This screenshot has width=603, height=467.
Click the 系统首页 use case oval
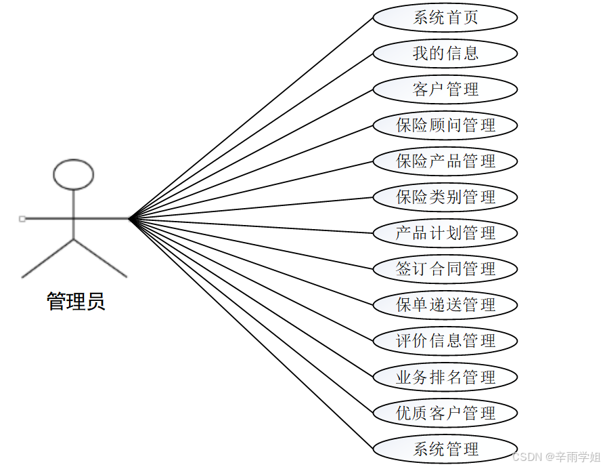[x=445, y=18]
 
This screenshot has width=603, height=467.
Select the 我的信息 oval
[x=445, y=54]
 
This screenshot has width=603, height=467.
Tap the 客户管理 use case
[x=445, y=89]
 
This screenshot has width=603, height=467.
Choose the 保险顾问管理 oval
[x=445, y=125]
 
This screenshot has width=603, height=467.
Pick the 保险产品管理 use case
[x=445, y=161]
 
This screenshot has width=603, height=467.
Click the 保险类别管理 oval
[x=445, y=197]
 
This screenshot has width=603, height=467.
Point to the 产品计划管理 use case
[x=445, y=233]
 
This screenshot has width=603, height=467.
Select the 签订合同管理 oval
[x=445, y=269]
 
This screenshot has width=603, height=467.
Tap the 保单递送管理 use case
[x=445, y=305]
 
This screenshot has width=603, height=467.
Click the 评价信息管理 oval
[x=445, y=341]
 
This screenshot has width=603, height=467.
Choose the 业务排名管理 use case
[x=445, y=377]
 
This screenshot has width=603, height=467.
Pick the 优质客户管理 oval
[x=445, y=413]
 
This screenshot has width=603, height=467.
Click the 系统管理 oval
[x=445, y=449]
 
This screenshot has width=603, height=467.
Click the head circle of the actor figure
[x=73, y=174]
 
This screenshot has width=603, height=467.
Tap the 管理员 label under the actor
[x=76, y=301]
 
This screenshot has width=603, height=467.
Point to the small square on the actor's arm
[x=22, y=219]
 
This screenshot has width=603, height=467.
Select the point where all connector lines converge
[x=129, y=219]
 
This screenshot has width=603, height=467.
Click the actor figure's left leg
[x=47, y=258]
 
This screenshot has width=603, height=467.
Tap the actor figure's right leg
[x=99, y=258]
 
